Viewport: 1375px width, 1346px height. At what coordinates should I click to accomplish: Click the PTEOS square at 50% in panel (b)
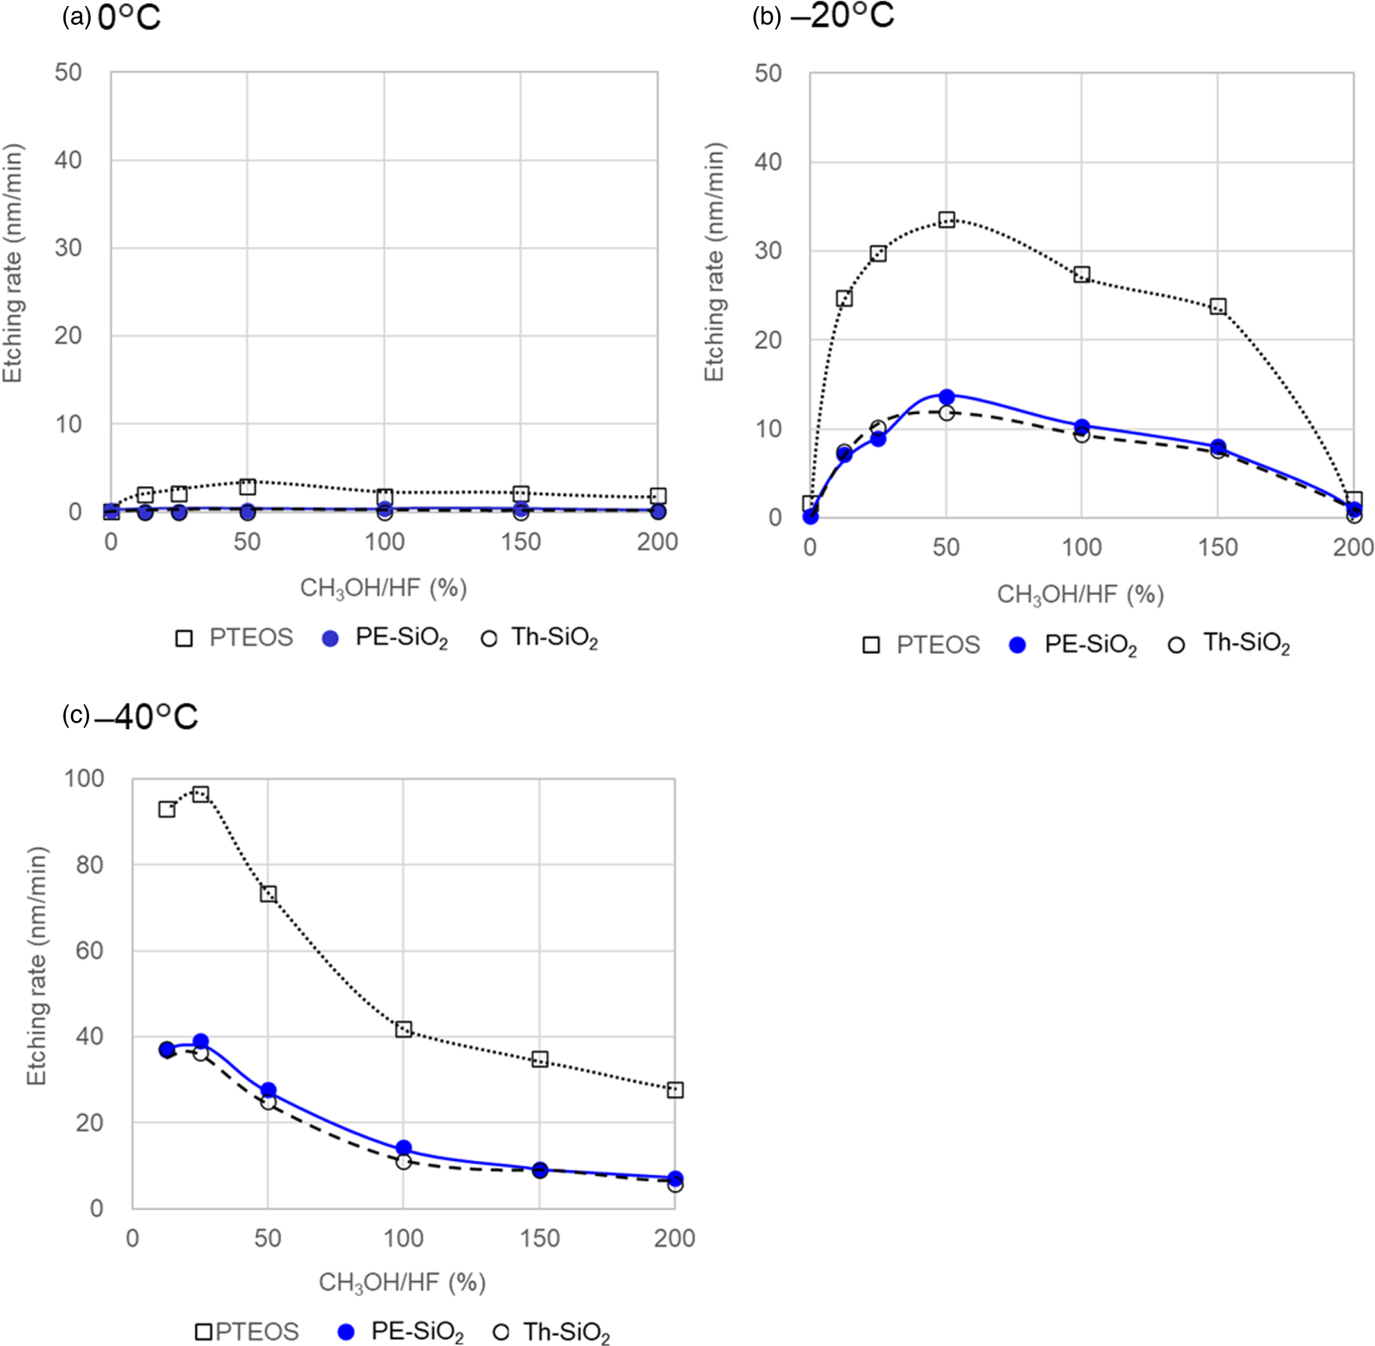(946, 220)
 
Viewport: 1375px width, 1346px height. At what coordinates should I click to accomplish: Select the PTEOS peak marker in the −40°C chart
(200, 794)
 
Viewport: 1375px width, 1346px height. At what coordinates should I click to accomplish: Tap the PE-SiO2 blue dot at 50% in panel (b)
(946, 397)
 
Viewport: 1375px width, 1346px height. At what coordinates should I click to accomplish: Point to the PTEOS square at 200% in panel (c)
(675, 1090)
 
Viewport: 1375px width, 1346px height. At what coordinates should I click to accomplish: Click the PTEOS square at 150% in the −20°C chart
(1217, 307)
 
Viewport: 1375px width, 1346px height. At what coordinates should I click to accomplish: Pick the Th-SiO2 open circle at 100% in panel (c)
(403, 1161)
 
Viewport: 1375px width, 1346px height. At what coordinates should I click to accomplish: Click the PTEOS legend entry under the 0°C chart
(234, 638)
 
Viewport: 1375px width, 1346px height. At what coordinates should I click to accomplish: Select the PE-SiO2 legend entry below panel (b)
(1074, 645)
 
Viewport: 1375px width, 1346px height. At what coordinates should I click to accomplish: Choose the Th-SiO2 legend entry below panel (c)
(552, 1332)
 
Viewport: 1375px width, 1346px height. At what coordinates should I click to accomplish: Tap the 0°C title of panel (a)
(128, 17)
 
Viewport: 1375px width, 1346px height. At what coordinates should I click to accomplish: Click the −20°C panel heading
(842, 15)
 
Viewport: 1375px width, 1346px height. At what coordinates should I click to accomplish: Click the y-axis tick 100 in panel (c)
(84, 778)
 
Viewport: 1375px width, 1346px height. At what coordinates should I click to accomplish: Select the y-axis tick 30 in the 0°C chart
(68, 248)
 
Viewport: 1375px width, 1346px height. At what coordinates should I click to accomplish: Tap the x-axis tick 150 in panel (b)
(1217, 547)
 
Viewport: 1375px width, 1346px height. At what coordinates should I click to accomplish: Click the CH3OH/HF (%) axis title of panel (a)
(383, 588)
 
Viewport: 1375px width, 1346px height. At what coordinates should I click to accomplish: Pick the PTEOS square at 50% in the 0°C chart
(247, 486)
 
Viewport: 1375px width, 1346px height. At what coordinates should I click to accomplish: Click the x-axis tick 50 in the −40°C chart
(267, 1238)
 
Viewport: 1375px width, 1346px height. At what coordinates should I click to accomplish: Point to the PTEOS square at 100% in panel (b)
(1081, 274)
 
